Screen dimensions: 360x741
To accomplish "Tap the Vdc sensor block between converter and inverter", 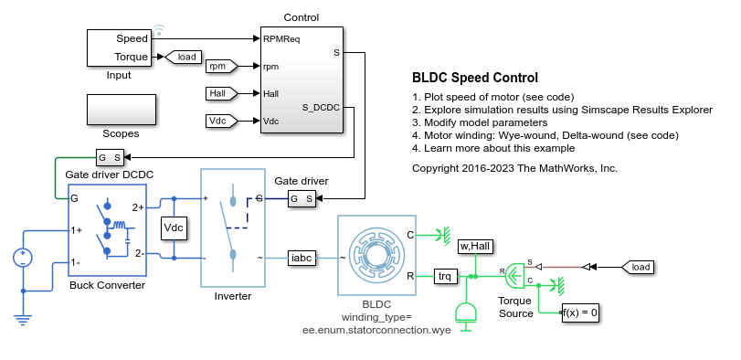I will click(173, 228).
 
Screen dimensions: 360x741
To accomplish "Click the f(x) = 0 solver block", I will click(579, 312).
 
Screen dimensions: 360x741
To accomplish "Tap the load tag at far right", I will click(640, 267).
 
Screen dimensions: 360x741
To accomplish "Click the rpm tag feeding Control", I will click(220, 66).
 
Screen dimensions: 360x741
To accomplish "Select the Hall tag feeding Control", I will click(220, 93).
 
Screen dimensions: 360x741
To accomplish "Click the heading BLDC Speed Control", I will click(475, 78).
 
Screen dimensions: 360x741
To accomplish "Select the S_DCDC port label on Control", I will click(320, 107).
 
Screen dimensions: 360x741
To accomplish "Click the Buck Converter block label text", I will click(107, 284).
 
